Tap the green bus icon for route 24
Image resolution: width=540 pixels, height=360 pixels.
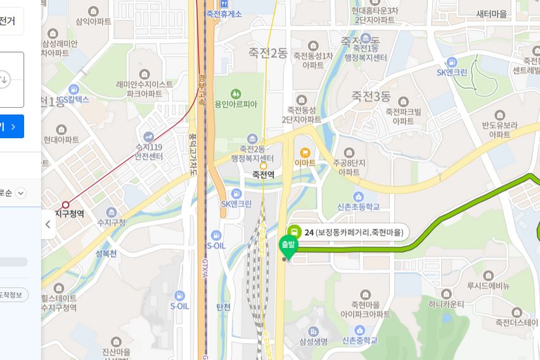294,232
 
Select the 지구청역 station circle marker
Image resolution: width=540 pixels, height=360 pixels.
65,205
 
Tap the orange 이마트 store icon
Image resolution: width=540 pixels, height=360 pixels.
305,152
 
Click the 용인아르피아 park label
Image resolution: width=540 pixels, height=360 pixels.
236,104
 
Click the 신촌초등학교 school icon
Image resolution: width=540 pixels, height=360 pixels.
358,196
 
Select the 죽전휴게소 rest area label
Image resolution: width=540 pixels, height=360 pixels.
224,14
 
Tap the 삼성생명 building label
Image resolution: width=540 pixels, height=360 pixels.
313,342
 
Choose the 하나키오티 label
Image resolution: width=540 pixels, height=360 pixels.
446,304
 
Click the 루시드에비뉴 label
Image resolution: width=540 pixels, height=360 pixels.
488,285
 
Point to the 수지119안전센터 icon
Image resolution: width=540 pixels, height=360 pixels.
148,136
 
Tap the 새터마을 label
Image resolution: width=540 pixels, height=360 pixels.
492,14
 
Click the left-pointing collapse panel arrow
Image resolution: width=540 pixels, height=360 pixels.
48,224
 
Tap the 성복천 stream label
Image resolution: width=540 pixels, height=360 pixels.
106,254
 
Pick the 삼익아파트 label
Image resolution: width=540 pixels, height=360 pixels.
93,21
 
